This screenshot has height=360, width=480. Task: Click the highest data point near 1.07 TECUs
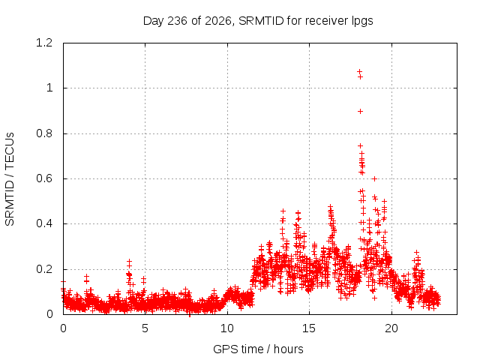[360, 71]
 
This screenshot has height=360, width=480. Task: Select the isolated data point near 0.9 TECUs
[360, 112]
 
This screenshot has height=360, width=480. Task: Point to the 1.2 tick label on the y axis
[44, 43]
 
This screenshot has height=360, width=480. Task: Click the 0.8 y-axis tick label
[44, 133]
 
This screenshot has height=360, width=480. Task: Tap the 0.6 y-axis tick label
[44, 178]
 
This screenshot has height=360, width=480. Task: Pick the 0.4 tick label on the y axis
[44, 223]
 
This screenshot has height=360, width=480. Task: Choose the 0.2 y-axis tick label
[44, 269]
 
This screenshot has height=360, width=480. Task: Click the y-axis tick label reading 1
[49, 88]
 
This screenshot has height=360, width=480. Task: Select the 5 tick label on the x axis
[145, 328]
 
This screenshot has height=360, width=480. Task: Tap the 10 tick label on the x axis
[227, 328]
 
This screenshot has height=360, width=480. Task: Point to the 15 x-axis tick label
[309, 328]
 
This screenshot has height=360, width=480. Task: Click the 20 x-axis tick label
[391, 328]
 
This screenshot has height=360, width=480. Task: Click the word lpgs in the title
[362, 21]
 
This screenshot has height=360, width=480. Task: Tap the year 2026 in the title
[217, 21]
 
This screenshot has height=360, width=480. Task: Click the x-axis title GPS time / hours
[258, 349]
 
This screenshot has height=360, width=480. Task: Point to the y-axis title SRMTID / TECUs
[10, 179]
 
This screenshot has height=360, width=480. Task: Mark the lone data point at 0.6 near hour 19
[374, 178]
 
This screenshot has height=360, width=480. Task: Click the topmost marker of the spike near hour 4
[129, 261]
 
